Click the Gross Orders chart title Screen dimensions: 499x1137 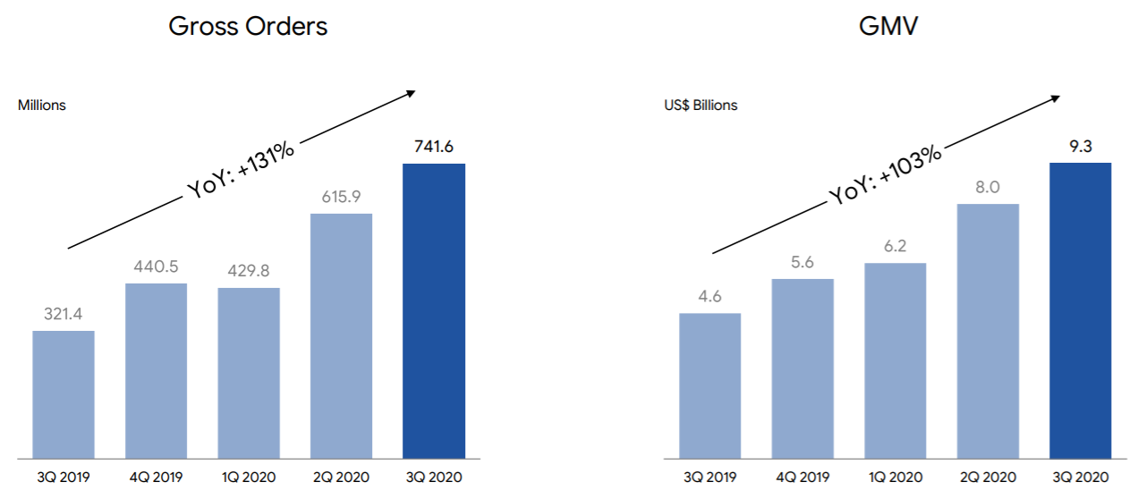pyautogui.click(x=248, y=26)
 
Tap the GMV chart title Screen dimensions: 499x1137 pyautogui.click(x=888, y=26)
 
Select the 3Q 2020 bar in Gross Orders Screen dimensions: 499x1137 pyautogui.click(x=434, y=310)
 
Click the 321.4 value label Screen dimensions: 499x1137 pyautogui.click(x=64, y=315)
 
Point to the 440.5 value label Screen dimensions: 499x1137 pyautogui.click(x=156, y=266)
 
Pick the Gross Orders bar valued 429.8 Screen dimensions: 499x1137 pyautogui.click(x=249, y=373)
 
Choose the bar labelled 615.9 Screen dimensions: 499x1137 pyautogui.click(x=341, y=335)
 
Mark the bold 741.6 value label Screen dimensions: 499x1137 pyautogui.click(x=434, y=148)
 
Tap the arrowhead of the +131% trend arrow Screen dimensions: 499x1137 pyautogui.click(x=412, y=91)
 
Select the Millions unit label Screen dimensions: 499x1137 pyautogui.click(x=42, y=106)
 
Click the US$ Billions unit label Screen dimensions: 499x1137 pyautogui.click(x=700, y=106)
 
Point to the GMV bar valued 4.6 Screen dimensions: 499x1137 pyautogui.click(x=709, y=385)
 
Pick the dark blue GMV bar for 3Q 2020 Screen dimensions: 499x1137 pyautogui.click(x=1080, y=310)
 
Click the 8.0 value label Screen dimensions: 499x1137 pyautogui.click(x=988, y=188)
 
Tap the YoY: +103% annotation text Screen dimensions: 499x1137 pyautogui.click(x=885, y=175)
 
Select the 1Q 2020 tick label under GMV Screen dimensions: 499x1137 pyautogui.click(x=895, y=478)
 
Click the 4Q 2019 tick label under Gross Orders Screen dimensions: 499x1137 pyautogui.click(x=156, y=478)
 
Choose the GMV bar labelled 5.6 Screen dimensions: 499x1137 pyautogui.click(x=802, y=368)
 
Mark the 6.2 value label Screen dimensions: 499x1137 pyautogui.click(x=895, y=246)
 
